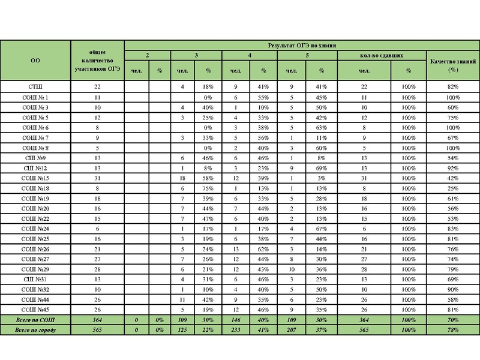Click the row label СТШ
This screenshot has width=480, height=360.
click(35, 87)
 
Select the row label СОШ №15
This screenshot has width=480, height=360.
click(35, 178)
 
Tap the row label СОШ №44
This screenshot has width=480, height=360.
click(35, 299)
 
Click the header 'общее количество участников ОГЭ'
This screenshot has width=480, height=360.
click(97, 60)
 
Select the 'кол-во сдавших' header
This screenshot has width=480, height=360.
click(381, 55)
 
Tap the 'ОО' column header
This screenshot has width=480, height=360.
click(35, 60)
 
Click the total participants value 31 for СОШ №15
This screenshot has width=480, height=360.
click(97, 178)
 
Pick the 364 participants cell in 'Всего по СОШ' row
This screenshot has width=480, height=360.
click(97, 320)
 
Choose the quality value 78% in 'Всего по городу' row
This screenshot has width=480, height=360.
click(452, 330)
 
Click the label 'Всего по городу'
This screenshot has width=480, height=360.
click(35, 330)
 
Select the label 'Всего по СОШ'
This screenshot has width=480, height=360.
click(35, 320)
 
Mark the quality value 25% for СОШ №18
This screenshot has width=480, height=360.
click(452, 188)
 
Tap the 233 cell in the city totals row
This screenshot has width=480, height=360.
click(235, 330)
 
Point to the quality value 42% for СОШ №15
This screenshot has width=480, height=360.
click(452, 178)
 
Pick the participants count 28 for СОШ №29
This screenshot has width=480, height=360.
click(97, 269)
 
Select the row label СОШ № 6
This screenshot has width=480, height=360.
click(35, 128)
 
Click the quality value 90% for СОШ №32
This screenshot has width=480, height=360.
click(452, 289)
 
